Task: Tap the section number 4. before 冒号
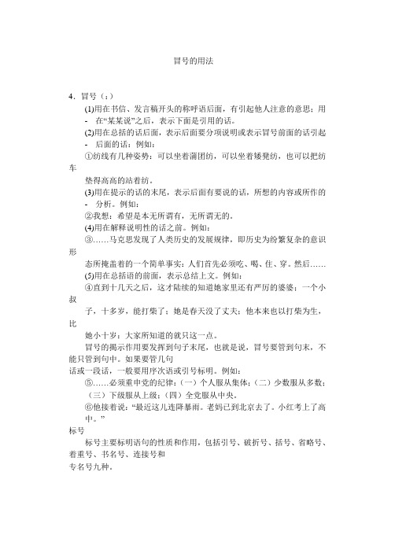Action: click(73, 96)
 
